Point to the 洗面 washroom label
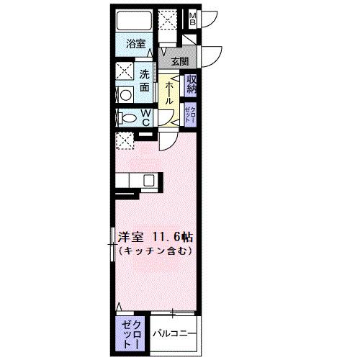[x=145, y=78]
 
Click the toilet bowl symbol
[x=127, y=118]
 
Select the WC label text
[x=145, y=117]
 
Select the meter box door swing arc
[x=210, y=17]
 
